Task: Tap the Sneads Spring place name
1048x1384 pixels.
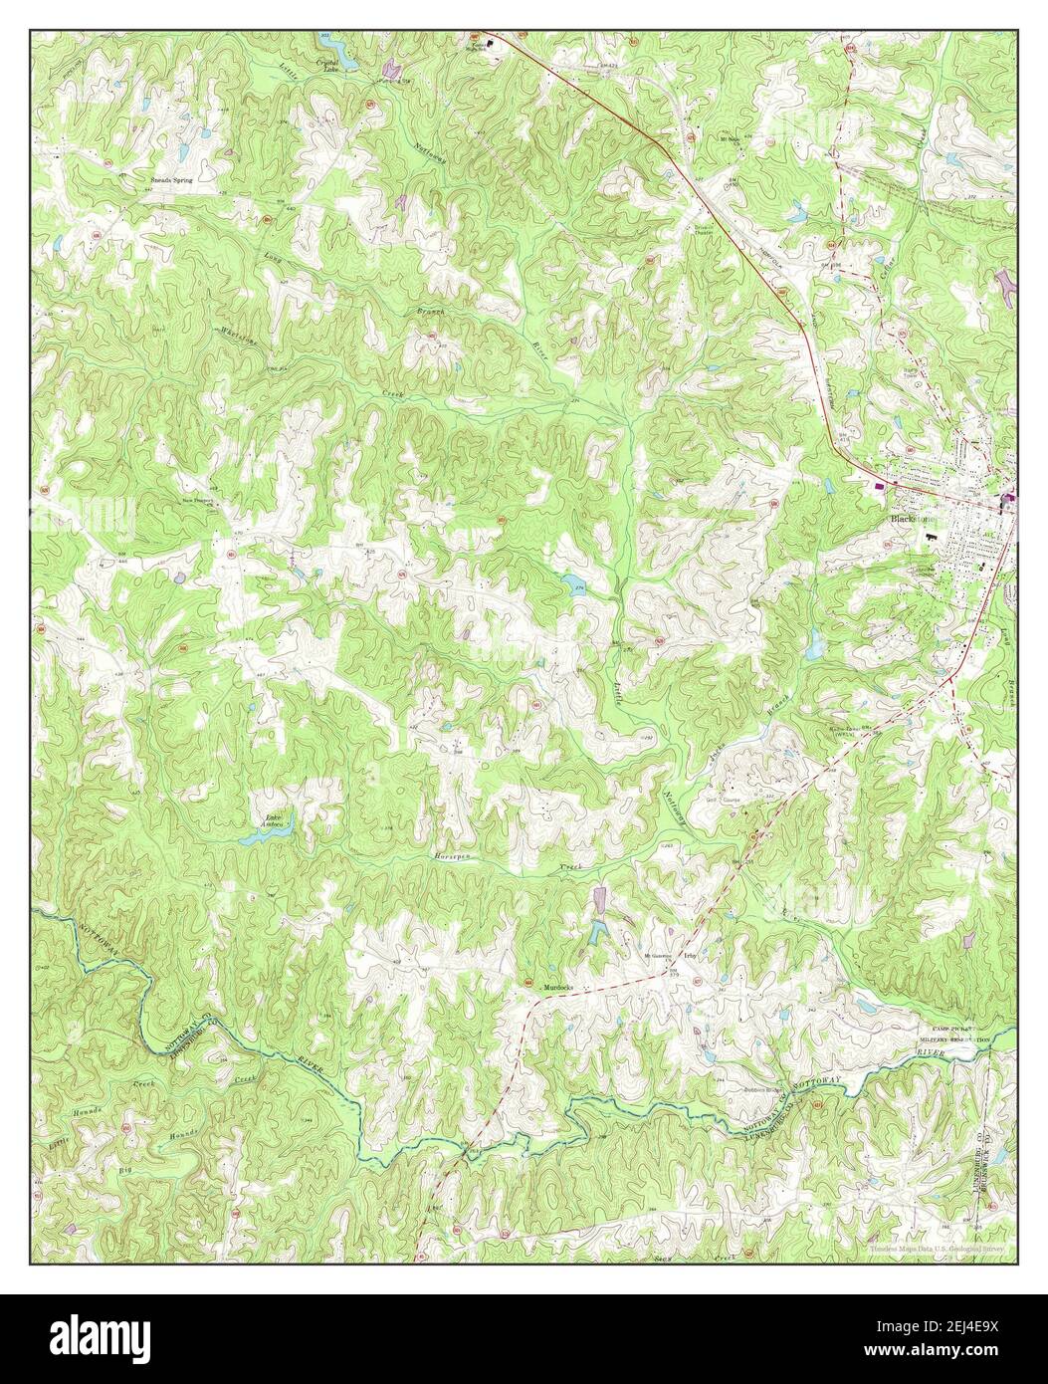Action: pos(170,180)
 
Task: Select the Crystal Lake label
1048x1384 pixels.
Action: pos(329,65)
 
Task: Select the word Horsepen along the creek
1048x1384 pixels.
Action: pos(453,856)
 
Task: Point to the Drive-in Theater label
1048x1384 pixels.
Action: pos(706,228)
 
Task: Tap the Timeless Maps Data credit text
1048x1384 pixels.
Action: pos(936,1248)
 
